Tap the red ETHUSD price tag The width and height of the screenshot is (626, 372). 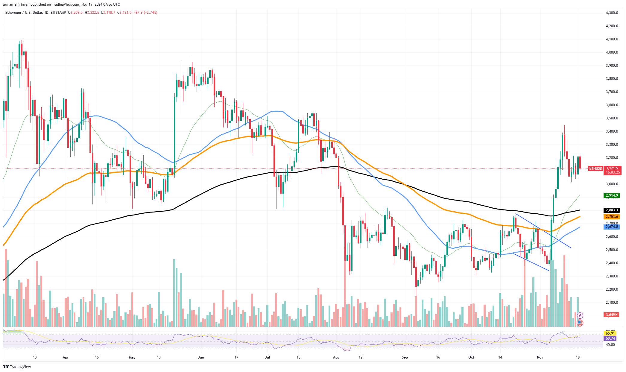tap(595, 168)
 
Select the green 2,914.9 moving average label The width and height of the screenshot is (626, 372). tap(612, 195)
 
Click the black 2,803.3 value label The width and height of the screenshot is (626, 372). tap(612, 210)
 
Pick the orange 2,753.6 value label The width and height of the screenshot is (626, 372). tap(612, 217)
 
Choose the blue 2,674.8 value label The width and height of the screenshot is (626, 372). tap(612, 227)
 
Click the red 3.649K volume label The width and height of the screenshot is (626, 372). tap(612, 315)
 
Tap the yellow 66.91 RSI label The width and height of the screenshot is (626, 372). tap(610, 333)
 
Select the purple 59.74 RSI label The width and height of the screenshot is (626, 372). tap(610, 338)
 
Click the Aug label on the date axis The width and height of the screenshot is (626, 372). tap(336, 357)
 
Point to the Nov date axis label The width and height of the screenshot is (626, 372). tap(540, 357)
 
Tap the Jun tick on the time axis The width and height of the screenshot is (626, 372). tap(201, 357)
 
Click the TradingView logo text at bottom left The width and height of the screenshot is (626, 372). tap(20, 367)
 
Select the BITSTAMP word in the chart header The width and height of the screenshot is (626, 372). tap(58, 13)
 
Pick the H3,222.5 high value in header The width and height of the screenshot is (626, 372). tap(92, 13)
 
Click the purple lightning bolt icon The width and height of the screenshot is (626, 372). tap(580, 315)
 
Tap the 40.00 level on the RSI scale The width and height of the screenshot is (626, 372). tap(610, 345)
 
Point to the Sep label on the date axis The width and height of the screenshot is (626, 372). tap(405, 357)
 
